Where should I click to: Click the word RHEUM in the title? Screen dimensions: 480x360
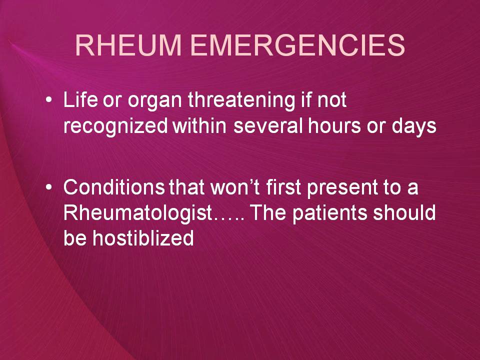tap(128, 45)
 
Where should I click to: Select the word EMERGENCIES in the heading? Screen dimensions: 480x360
tap(298, 45)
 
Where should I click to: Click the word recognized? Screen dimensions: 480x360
tap(115, 126)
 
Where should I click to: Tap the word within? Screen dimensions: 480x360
tap(199, 125)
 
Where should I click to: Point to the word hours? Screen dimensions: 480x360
tap(334, 125)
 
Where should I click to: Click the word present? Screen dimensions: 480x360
tap(342, 188)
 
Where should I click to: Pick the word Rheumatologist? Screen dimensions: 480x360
tap(138, 213)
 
